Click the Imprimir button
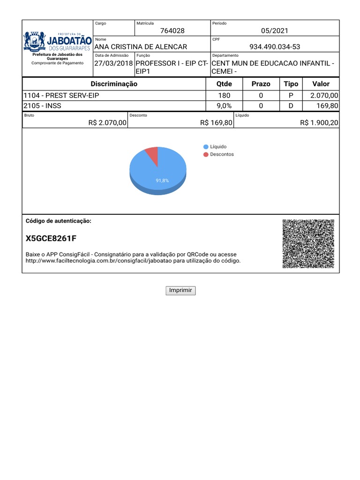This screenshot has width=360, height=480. point(180,291)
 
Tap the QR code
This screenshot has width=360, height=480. point(308,244)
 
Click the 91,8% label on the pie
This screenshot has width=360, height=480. point(162,180)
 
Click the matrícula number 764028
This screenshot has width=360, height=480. point(172,31)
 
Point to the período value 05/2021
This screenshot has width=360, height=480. point(275,31)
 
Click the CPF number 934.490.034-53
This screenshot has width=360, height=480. point(275,46)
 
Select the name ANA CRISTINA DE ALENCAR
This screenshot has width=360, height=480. point(141,46)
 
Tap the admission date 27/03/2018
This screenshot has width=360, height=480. point(114,63)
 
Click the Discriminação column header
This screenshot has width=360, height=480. point(114,84)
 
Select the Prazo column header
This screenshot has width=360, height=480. point(261,84)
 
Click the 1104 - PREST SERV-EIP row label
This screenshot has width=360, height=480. point(61,96)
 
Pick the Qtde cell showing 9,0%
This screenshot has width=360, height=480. point(224,106)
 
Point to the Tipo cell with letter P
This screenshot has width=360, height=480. point(291,96)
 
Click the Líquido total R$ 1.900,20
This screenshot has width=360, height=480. point(319,123)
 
